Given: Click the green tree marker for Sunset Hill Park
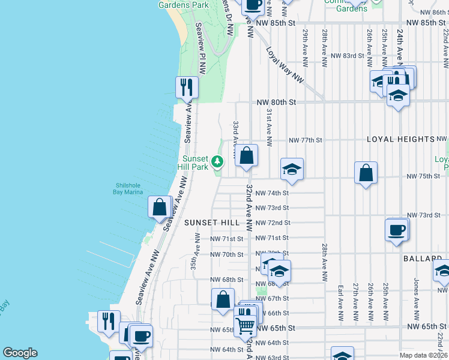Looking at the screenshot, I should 217,161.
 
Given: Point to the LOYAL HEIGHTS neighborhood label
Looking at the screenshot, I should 401,139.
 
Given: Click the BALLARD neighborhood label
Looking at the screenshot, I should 426,258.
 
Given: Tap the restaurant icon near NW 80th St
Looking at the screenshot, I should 187,87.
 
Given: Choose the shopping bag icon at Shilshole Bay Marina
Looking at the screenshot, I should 160,208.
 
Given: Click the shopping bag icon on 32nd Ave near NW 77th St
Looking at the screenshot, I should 246,156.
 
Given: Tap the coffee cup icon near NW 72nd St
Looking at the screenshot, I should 397,230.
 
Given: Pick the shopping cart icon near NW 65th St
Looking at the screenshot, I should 245,325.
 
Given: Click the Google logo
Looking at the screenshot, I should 20,353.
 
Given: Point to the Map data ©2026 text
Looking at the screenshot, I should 422,355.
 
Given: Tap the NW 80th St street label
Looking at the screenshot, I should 277,103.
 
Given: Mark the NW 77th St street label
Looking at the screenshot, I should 306,140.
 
